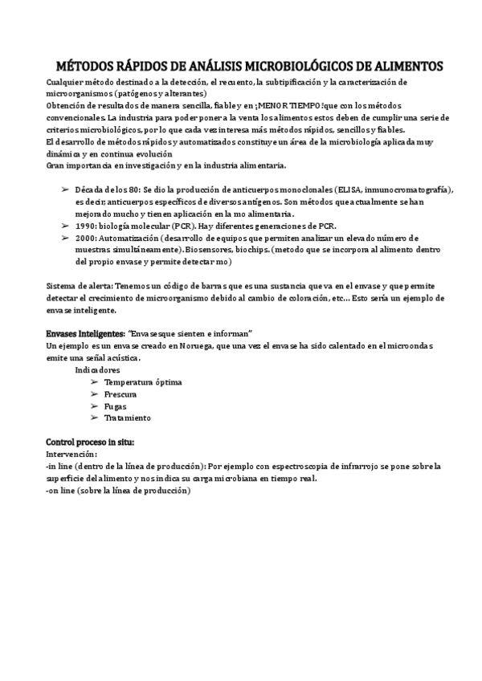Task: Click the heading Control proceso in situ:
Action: [x=90, y=442]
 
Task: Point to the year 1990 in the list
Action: [x=85, y=227]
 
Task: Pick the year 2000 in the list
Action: [x=85, y=239]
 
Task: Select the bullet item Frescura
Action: [x=120, y=394]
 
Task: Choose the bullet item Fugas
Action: [x=116, y=406]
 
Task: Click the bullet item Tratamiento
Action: [x=127, y=418]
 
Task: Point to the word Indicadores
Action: [x=98, y=370]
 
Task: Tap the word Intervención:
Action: [x=73, y=454]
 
